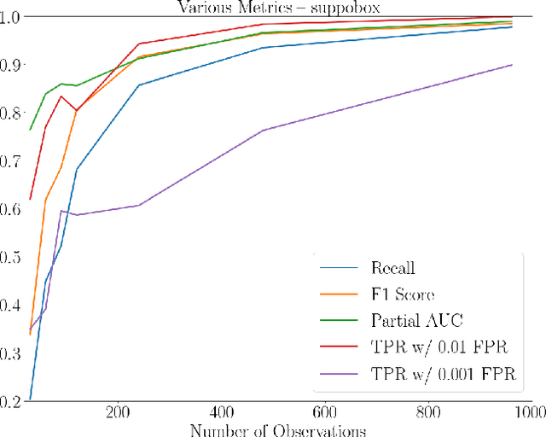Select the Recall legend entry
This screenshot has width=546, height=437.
pos(392,268)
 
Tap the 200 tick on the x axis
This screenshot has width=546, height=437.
pos(118,413)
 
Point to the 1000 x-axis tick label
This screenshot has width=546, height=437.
pos(529,413)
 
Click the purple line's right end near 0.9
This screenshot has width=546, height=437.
pos(512,65)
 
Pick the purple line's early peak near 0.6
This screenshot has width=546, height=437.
pos(61,210)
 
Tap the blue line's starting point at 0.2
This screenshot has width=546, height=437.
pos(31,399)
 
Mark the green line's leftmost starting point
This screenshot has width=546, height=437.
pos(31,130)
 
